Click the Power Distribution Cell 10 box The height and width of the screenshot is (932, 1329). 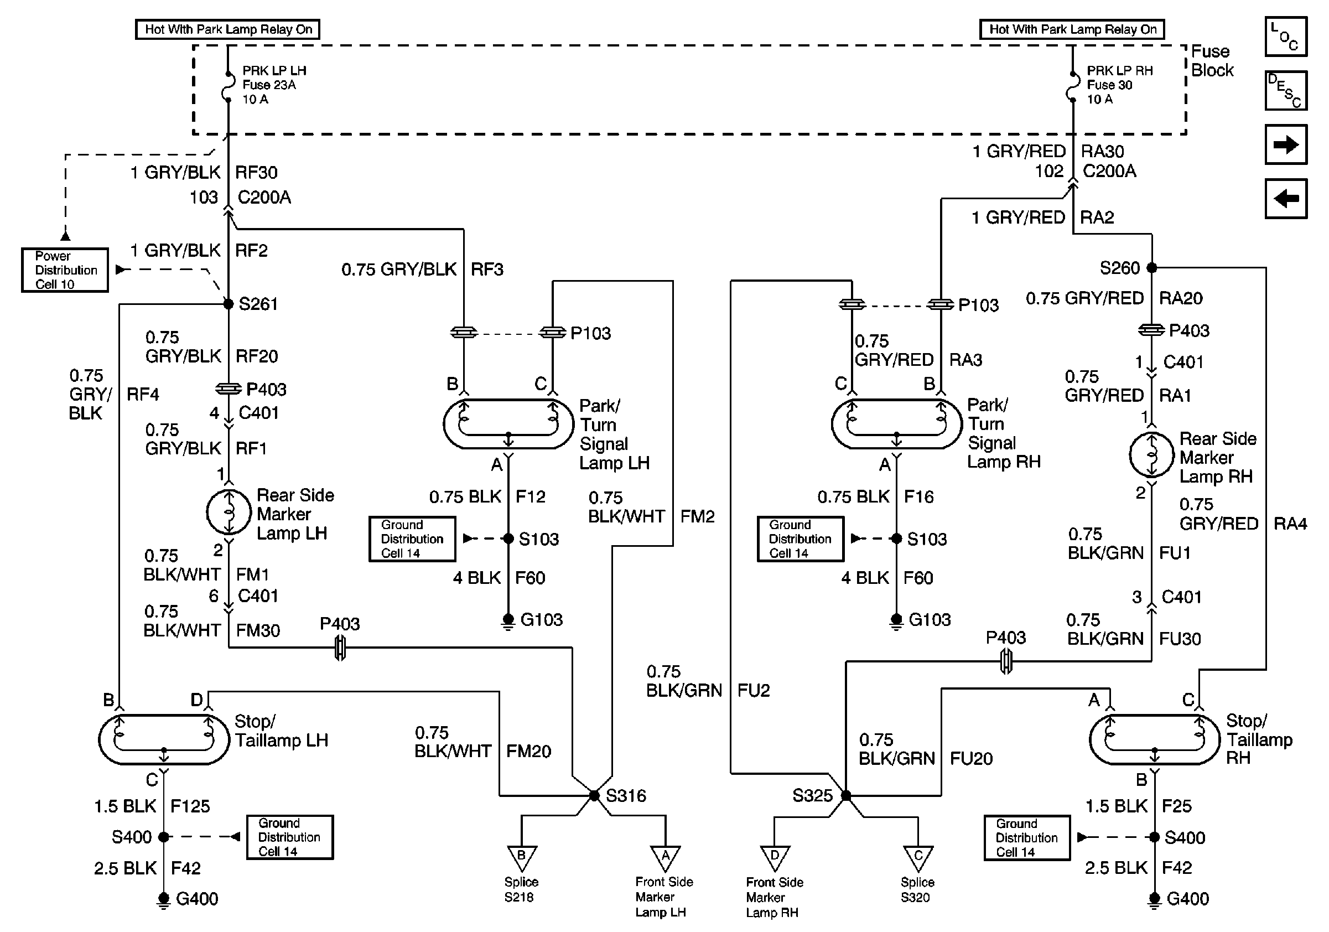(65, 270)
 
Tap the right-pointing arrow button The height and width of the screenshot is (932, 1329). (1286, 144)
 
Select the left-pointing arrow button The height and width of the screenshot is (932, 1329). (1286, 199)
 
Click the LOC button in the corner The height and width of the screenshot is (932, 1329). (1286, 37)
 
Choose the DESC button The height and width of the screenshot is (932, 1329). (1286, 90)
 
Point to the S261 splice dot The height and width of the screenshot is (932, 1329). (229, 304)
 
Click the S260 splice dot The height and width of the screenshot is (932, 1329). (1152, 267)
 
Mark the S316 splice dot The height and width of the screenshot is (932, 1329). (594, 796)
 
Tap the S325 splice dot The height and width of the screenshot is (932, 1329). (845, 796)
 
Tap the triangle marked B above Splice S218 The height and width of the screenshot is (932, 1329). (522, 857)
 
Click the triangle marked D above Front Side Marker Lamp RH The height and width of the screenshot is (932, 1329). (775, 857)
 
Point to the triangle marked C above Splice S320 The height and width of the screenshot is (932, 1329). (918, 857)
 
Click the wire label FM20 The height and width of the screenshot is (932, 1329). (528, 752)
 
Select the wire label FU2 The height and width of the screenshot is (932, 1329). (754, 691)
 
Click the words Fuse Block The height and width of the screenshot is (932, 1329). (1212, 61)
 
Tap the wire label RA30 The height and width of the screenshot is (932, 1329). (1102, 152)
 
